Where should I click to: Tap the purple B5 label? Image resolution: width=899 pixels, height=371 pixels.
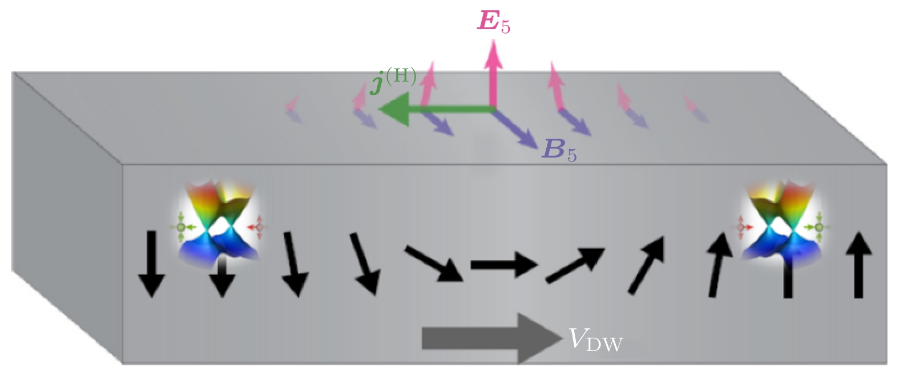tap(558, 150)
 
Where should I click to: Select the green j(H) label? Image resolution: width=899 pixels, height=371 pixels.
tap(393, 79)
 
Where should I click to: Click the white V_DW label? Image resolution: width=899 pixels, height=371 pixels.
tap(595, 340)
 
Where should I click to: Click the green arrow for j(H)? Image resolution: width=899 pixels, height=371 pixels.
tap(434, 109)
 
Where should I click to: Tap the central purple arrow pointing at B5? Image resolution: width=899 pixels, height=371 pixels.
tap(514, 128)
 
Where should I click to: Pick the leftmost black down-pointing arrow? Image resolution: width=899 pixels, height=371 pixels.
tap(151, 263)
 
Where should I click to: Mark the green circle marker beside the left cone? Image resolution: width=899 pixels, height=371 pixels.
tap(181, 227)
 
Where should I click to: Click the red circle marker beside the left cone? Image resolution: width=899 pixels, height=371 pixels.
tap(259, 228)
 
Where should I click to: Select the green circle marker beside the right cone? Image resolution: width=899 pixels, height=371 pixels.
tap(819, 228)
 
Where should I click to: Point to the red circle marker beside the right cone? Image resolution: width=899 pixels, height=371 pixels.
tap(741, 227)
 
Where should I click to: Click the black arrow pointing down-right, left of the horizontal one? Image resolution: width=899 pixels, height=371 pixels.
tap(434, 263)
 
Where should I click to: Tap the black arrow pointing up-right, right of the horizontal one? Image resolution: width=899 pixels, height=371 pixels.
tap(575, 265)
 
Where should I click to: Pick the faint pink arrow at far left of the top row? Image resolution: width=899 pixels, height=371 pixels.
tap(292, 104)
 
